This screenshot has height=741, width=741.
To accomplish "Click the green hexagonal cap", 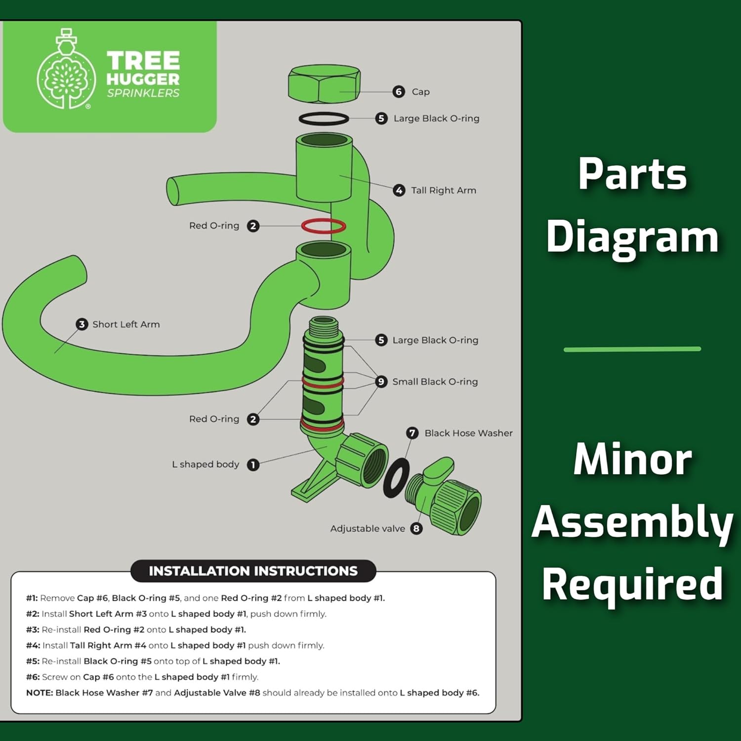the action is tap(324, 84).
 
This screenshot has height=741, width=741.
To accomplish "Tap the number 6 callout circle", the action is tap(399, 91).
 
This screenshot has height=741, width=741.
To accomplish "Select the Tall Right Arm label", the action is tap(444, 190).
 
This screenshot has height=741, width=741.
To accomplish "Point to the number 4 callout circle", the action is tap(399, 190).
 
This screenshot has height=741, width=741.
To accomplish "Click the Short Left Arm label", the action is tap(126, 324).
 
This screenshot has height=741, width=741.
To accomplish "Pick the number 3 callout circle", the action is tap(82, 324).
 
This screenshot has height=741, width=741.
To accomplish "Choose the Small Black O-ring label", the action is tap(435, 381).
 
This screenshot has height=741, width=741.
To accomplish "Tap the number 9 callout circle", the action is tap(381, 381).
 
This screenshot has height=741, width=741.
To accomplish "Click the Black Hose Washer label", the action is tap(468, 433).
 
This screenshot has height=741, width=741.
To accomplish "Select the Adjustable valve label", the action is tap(368, 529).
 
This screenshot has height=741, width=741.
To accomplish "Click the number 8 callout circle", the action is tap(416, 529).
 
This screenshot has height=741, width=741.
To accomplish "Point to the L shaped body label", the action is tap(206, 464).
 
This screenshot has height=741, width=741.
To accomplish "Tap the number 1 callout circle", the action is tap(253, 465).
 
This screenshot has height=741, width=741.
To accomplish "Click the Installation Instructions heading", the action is tap(253, 571).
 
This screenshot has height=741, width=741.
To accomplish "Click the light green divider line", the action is tap(632, 349).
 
